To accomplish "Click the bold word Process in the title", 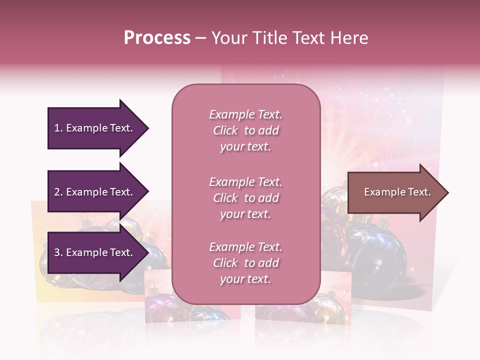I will click(x=157, y=38).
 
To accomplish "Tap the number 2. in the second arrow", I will click(x=58, y=192).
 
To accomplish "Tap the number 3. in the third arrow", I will click(x=58, y=252).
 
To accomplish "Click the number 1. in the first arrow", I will click(x=58, y=128).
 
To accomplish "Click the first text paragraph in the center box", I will click(x=245, y=130).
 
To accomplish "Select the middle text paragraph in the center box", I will click(x=245, y=198).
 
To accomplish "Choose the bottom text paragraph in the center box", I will click(x=245, y=263).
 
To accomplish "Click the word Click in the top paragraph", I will click(x=225, y=130).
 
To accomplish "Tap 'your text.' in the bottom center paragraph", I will click(x=245, y=279).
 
